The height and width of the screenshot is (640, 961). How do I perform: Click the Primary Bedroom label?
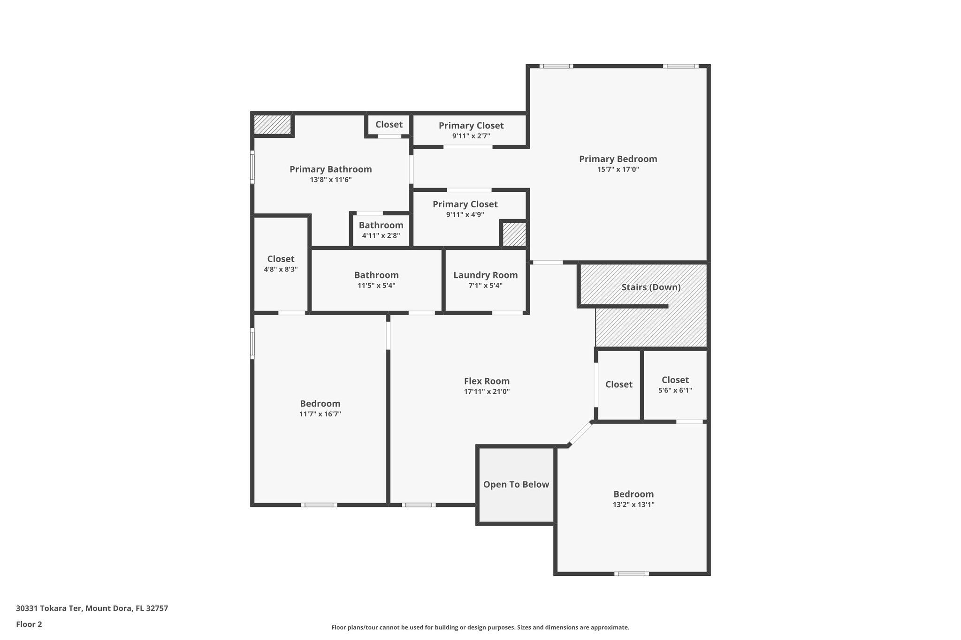point(618,159)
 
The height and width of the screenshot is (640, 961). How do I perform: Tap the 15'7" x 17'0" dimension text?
point(618,170)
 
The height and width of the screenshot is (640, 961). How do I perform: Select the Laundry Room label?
point(485,275)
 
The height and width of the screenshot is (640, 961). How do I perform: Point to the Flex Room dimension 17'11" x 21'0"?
point(487,392)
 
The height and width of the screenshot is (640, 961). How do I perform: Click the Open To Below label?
point(516,485)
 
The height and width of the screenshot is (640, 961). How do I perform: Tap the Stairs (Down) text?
point(651,287)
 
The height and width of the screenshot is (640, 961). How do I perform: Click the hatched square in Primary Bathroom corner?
point(272,125)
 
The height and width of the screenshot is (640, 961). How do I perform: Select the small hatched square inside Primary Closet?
point(514,234)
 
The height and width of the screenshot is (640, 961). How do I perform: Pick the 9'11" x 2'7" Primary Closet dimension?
point(471,136)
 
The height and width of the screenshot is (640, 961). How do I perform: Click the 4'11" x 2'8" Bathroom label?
point(381,226)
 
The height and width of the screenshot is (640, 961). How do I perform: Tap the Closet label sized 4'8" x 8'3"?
point(281,259)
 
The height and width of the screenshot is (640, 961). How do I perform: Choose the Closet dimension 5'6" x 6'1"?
point(675,391)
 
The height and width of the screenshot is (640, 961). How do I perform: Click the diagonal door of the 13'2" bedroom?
point(580,434)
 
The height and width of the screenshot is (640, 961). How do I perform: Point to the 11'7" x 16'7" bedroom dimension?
point(320,414)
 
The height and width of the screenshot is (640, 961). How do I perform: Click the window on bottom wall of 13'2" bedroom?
point(631,573)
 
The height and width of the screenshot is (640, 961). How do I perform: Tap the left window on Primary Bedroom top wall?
point(556,66)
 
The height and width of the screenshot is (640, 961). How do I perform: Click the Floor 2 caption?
point(29,625)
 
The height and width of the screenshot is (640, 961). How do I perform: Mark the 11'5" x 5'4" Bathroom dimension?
point(376,286)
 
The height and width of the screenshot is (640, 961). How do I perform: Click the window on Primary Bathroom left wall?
point(252,167)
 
